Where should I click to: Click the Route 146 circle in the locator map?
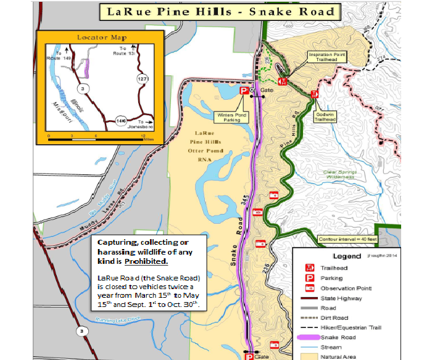121,121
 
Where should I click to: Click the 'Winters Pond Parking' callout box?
233,117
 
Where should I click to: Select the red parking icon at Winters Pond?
243,91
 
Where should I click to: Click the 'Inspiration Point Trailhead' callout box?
328,57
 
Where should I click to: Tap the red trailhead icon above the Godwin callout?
315,94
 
